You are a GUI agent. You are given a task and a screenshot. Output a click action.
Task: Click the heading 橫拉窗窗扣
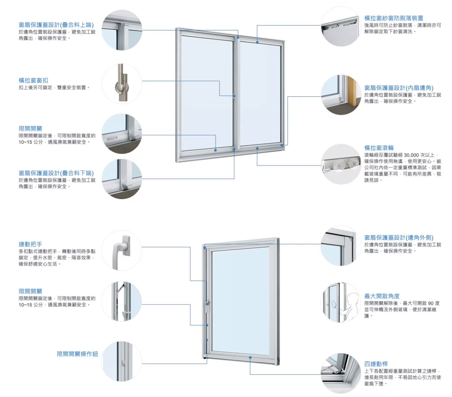[x=33, y=80]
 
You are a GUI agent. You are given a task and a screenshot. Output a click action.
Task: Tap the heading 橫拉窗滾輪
[x=379, y=148]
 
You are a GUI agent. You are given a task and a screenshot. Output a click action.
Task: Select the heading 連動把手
[x=30, y=244]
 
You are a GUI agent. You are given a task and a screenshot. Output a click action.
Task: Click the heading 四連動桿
[x=376, y=364]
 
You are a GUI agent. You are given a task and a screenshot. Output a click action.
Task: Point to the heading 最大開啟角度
[x=382, y=296]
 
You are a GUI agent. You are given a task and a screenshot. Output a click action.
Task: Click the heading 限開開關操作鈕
[x=77, y=354]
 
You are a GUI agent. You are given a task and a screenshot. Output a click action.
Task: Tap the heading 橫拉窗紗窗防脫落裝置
[x=393, y=18]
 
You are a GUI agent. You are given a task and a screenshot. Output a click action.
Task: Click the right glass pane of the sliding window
[x=260, y=94]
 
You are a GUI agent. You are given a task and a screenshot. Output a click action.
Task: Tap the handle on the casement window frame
[x=208, y=305]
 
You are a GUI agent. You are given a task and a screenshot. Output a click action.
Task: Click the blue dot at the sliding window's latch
[x=234, y=96]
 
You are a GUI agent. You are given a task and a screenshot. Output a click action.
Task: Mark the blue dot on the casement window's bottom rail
[x=250, y=357]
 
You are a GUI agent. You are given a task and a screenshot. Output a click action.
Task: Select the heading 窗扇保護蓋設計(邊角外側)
[x=399, y=237]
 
